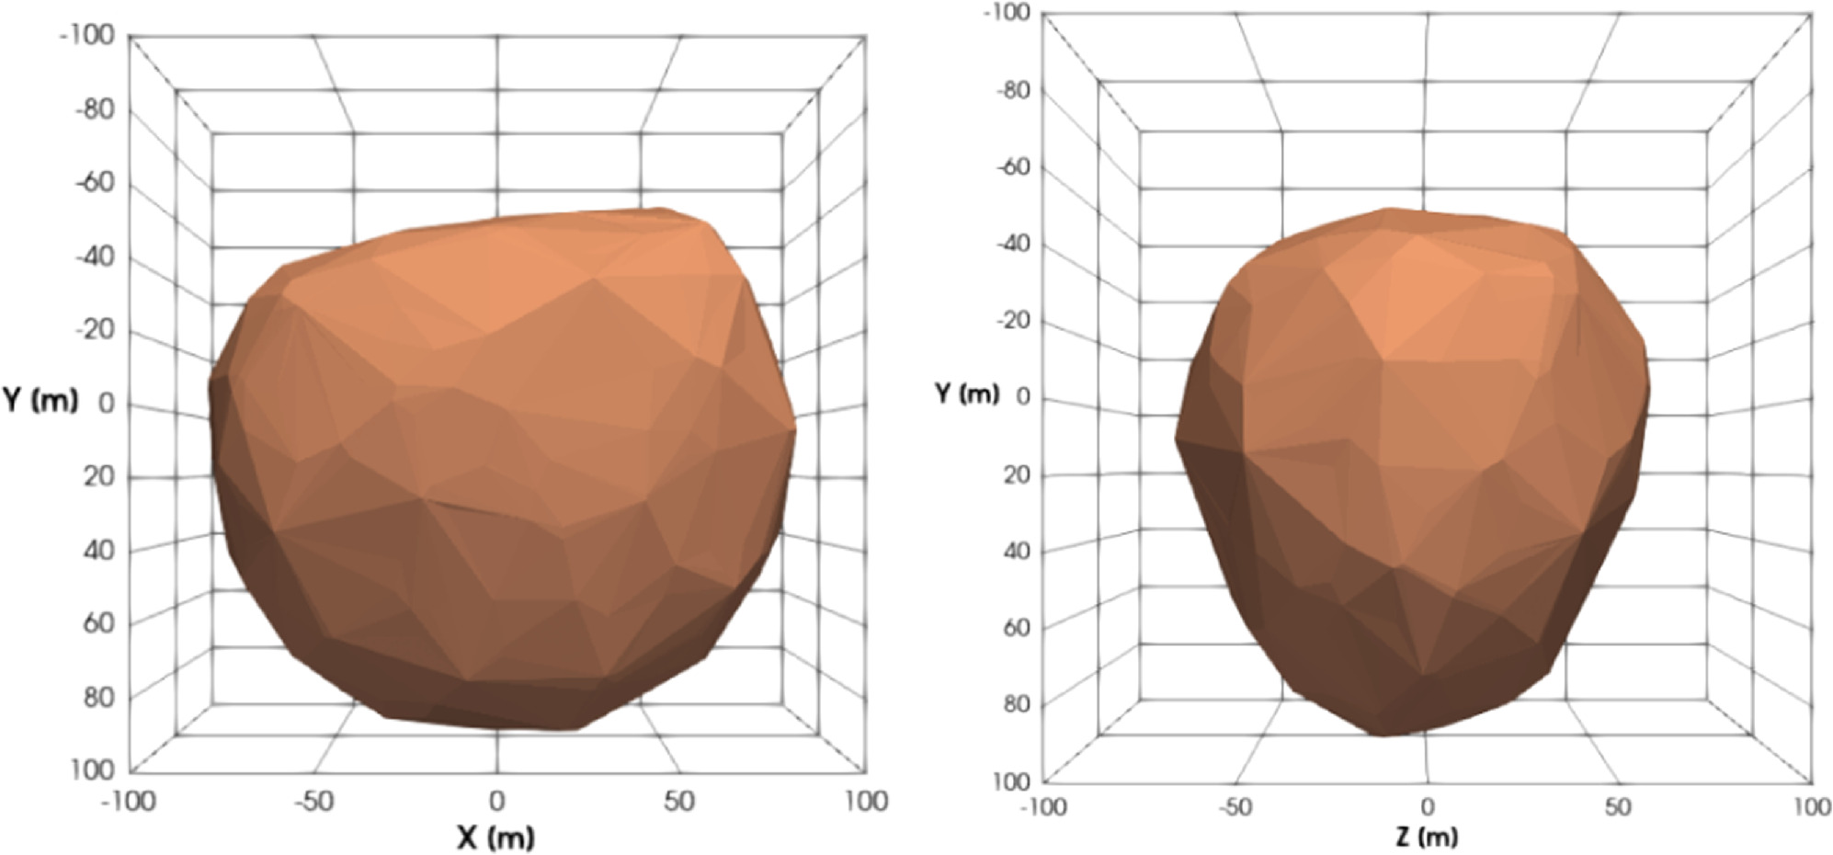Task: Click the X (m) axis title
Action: click(495, 838)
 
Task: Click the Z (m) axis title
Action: click(1426, 837)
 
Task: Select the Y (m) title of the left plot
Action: click(40, 401)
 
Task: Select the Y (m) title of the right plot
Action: click(967, 393)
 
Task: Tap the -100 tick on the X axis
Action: click(128, 802)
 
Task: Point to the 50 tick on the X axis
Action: click(678, 802)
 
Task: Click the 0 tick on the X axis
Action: click(496, 802)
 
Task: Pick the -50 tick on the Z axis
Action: click(1235, 807)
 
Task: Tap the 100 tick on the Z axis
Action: click(1811, 807)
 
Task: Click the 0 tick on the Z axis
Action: click(1427, 807)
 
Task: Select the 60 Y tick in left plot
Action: click(97, 623)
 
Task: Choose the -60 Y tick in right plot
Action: click(1013, 168)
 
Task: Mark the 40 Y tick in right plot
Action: click(1017, 551)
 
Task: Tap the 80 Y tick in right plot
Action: click(1017, 704)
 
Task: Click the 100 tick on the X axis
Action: click(864, 802)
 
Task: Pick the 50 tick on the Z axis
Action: click(1618, 807)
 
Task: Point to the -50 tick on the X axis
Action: click(313, 802)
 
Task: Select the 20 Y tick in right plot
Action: click(1017, 474)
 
